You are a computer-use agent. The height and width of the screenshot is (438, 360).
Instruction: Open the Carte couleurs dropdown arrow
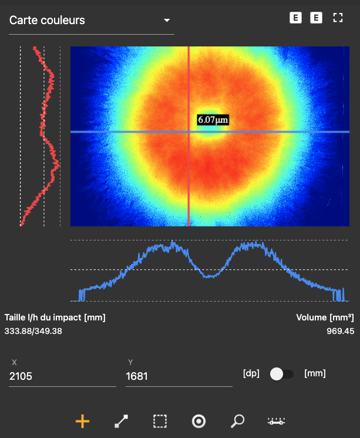(167, 21)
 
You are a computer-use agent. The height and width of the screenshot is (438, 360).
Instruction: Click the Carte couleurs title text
(47, 20)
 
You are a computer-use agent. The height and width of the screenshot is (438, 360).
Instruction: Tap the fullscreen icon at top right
(337, 18)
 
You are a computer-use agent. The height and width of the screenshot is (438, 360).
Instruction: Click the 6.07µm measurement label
(213, 120)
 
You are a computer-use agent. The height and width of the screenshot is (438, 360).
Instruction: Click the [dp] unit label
(251, 373)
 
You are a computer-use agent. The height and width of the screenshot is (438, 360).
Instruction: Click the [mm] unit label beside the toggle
(315, 373)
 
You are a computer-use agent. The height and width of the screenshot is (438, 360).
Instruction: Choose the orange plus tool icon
(83, 421)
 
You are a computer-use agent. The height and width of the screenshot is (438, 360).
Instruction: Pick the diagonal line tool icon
(121, 421)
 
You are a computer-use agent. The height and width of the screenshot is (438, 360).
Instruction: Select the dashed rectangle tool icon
(160, 421)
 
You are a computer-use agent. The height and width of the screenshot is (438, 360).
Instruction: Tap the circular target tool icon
(198, 421)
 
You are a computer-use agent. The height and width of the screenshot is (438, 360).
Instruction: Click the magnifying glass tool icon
(237, 421)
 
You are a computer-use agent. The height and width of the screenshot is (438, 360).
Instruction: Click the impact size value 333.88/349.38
(33, 331)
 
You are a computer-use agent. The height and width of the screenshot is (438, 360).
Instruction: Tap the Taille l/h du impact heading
(55, 317)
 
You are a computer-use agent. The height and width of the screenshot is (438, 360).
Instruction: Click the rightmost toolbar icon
(276, 421)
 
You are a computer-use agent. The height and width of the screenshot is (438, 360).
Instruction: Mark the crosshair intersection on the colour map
(189, 132)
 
